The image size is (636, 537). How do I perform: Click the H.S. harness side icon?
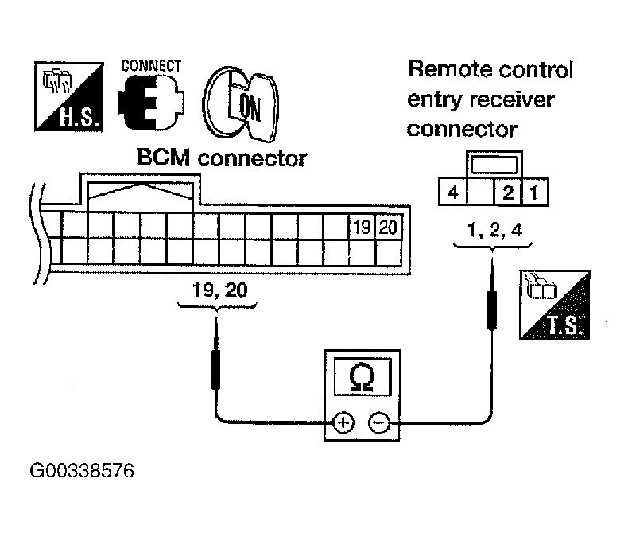click(x=69, y=96)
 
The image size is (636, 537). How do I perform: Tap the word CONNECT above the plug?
click(x=151, y=66)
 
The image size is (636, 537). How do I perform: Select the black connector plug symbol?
click(x=150, y=103)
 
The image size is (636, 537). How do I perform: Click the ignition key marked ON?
click(x=241, y=104)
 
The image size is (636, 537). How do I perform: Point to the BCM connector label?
click(x=222, y=158)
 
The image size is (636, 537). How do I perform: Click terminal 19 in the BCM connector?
click(x=363, y=227)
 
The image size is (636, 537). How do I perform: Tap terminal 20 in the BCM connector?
click(x=388, y=227)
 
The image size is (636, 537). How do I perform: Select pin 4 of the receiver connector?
click(x=452, y=192)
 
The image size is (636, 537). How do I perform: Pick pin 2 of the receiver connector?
click(x=508, y=192)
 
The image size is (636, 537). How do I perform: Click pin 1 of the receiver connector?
click(x=535, y=192)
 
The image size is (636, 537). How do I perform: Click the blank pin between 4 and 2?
click(x=481, y=192)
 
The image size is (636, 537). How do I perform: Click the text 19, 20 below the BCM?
click(x=219, y=290)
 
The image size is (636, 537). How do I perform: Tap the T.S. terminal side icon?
click(x=554, y=305)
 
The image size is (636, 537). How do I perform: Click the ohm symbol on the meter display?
click(x=362, y=377)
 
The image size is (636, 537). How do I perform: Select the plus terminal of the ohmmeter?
click(x=343, y=423)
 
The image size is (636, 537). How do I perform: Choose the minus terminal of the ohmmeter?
click(x=379, y=423)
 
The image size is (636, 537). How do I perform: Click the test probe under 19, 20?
click(x=215, y=354)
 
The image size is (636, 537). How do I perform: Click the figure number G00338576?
click(x=82, y=471)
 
